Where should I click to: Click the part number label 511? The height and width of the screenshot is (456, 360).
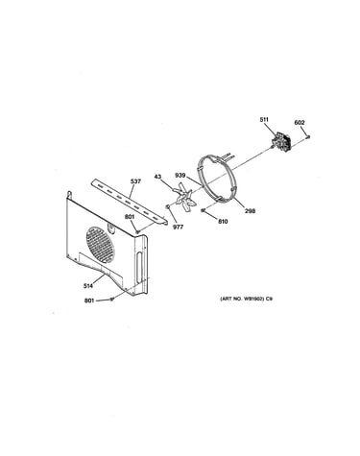(x=264, y=120)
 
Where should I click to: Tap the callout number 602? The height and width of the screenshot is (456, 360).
(x=300, y=123)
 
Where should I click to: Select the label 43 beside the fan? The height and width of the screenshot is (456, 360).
(x=158, y=177)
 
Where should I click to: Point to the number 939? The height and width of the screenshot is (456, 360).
(x=180, y=176)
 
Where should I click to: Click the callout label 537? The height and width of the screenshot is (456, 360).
(x=135, y=181)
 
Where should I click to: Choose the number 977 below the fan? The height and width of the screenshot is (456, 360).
(x=179, y=227)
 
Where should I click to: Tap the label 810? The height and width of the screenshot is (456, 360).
(x=223, y=221)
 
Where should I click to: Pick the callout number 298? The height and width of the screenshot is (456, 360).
(x=251, y=211)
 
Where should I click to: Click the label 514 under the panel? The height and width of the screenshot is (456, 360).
(x=88, y=286)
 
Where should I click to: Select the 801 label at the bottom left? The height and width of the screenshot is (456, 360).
(x=89, y=300)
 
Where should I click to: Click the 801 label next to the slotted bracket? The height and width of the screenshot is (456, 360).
(x=130, y=217)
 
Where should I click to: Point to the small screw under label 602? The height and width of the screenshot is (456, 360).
(x=308, y=136)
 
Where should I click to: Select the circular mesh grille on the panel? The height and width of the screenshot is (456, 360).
(x=100, y=245)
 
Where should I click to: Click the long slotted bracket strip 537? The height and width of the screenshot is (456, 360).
(x=129, y=202)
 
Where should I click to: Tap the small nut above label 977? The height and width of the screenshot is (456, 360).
(x=167, y=206)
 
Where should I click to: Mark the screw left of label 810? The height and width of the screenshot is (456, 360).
(x=203, y=210)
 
